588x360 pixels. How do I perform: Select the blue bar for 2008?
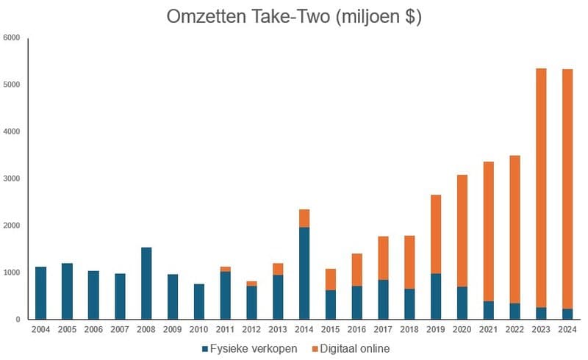pos(146,283)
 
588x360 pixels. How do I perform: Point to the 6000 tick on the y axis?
pos(11,37)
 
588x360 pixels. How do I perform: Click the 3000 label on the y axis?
pos(11,179)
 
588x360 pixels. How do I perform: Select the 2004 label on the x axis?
pos(40,330)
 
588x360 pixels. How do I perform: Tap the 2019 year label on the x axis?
pos(437,330)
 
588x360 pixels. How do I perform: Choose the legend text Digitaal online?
pos(354,348)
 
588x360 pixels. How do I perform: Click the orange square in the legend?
pos(310,348)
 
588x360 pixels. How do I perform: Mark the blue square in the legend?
pos(205,348)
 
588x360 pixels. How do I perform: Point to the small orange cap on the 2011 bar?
pos(226,269)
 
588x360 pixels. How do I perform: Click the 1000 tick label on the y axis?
pos(11,273)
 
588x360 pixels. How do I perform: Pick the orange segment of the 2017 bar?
pos(384,258)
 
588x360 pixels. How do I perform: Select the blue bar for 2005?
pos(67,291)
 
